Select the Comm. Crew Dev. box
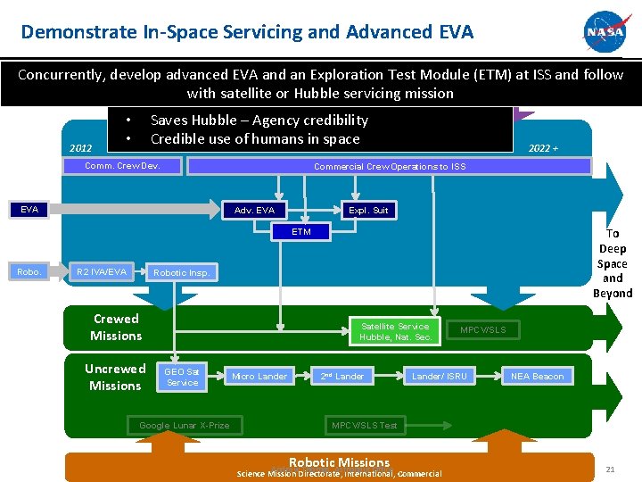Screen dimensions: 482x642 122,166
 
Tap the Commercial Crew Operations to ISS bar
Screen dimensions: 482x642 389,166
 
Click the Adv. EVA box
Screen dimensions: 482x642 254,211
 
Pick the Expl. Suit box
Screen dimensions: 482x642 368,211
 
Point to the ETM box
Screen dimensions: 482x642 301,232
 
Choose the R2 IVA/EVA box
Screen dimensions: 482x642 102,270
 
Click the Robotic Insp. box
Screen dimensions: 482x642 181,272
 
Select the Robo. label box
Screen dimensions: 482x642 29,270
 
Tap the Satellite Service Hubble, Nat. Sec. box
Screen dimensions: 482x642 394,331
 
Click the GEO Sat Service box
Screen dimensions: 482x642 182,377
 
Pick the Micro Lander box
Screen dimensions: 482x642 259,376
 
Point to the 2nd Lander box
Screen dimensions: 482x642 342,376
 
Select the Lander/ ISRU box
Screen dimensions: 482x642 439,376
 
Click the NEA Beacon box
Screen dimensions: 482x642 537,376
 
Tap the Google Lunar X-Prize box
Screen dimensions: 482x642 184,425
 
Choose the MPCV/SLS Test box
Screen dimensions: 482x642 365,425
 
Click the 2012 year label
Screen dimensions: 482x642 80,148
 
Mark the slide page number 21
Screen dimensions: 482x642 610,470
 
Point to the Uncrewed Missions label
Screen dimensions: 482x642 115,377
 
